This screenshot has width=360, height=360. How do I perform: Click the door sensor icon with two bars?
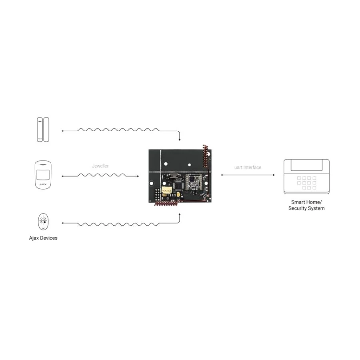click(43, 130)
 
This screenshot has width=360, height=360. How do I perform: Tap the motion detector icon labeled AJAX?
click(43, 175)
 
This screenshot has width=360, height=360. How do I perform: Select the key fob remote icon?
click(43, 222)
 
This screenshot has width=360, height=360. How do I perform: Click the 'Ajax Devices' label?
click(43, 238)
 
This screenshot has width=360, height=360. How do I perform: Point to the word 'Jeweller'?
click(100, 166)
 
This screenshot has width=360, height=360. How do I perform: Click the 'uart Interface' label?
click(248, 167)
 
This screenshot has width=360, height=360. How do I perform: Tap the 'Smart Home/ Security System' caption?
click(306, 205)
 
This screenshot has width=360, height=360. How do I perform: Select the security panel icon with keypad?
click(306, 176)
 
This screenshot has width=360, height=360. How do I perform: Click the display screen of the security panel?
click(306, 165)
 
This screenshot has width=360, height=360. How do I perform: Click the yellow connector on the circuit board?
click(166, 190)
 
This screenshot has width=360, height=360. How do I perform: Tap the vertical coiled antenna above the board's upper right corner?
click(205, 156)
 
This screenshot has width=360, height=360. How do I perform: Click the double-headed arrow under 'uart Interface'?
click(248, 175)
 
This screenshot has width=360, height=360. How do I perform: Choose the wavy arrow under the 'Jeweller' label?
click(100, 176)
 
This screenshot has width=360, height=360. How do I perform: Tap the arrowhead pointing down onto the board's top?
click(180, 140)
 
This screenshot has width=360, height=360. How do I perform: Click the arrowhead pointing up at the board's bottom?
click(180, 214)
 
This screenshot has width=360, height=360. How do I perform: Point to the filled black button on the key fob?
click(45, 222)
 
